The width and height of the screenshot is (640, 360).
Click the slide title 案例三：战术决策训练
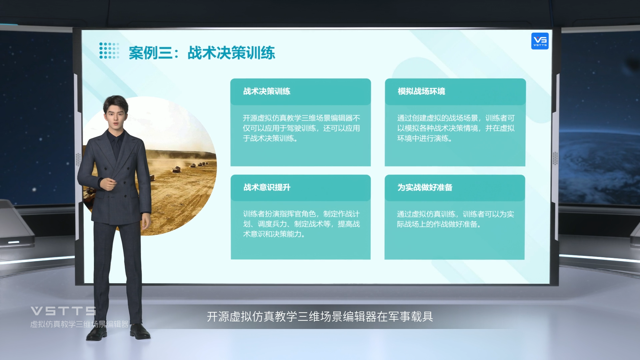pos(202,53)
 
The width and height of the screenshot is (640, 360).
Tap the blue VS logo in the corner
pos(540,41)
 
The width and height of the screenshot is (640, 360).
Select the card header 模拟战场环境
pos(421,91)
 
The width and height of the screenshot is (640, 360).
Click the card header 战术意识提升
pos(267,187)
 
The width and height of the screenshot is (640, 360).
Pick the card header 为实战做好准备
pos(425,187)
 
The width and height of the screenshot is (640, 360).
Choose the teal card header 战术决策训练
pos(267,91)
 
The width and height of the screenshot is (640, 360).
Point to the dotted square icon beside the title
pos(109,51)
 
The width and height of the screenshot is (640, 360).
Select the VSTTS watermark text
pos(63,311)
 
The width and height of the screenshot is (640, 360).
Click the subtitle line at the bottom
pos(320,317)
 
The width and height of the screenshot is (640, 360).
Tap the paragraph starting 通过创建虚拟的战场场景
pos(456,128)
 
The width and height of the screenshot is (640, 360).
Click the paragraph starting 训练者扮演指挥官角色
pos(301,224)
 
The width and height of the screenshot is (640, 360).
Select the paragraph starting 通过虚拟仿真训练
pos(455,219)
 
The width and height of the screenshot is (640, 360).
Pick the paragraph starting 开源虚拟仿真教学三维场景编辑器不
pos(301,128)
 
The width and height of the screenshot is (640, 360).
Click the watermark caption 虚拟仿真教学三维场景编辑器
pos(79,324)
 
